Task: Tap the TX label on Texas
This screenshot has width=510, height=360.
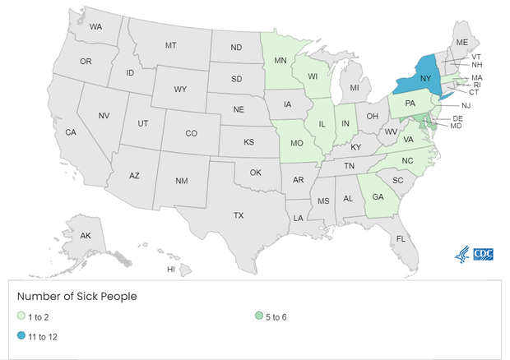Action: click(x=239, y=215)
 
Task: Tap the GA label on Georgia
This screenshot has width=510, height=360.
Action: click(x=378, y=197)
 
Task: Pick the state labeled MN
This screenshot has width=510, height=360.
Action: click(x=280, y=60)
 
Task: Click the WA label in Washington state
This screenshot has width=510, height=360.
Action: click(x=95, y=27)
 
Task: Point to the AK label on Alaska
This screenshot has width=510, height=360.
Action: click(x=86, y=236)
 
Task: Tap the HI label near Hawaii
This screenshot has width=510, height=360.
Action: click(x=171, y=269)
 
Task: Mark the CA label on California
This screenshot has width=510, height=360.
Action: click(x=71, y=132)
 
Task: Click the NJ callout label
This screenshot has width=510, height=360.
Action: click(x=466, y=105)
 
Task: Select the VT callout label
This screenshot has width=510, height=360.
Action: click(x=476, y=56)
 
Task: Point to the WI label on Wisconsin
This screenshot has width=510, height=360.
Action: click(x=314, y=76)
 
